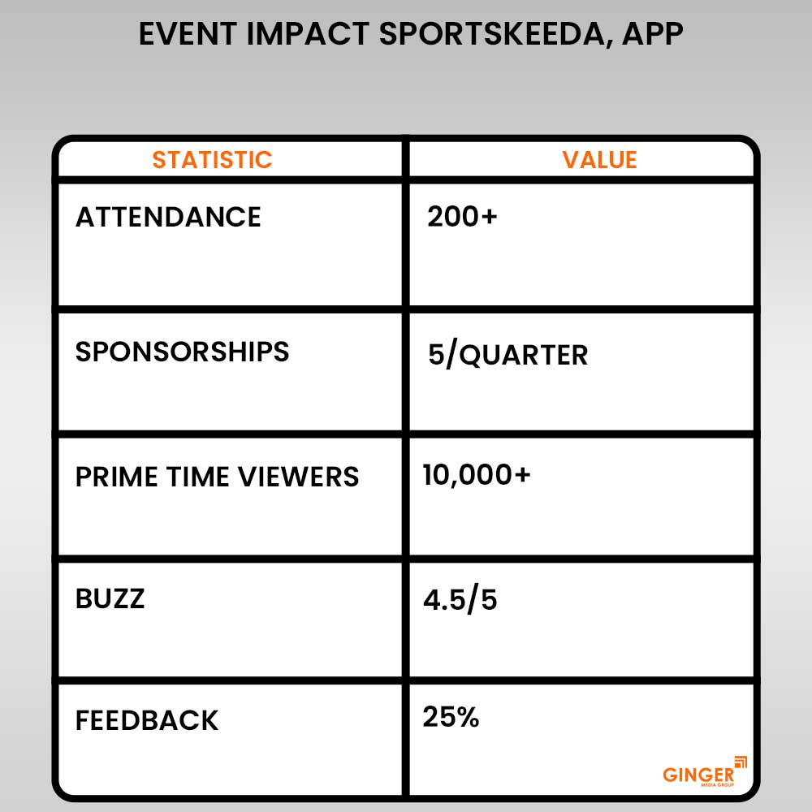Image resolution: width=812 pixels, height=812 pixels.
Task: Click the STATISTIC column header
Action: coord(212,159)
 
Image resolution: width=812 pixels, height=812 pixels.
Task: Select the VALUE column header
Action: coord(599,159)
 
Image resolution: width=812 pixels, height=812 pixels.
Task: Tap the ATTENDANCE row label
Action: coord(168,218)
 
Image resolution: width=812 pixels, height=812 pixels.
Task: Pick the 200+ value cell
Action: coord(462,218)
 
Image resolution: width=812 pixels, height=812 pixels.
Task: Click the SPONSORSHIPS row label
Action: coord(182,352)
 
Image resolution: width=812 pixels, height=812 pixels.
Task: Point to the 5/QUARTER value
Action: coord(508,356)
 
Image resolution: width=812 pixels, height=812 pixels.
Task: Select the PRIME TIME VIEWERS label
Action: coord(217,477)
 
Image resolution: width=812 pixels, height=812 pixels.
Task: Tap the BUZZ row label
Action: coord(110,599)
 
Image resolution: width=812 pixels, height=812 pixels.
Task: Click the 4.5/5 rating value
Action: coord(460,600)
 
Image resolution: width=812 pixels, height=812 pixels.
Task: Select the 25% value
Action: coord(451,718)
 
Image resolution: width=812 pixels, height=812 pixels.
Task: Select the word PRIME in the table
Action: coord(113,477)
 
